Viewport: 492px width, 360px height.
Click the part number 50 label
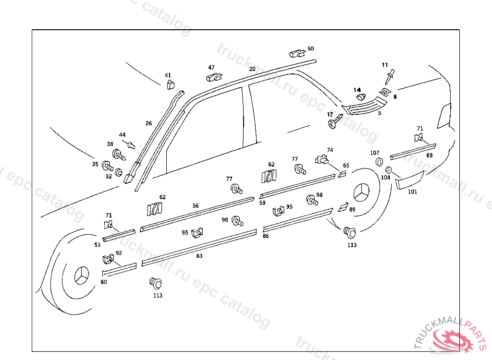click(x=311, y=48)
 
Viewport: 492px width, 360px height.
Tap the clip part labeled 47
click(x=214, y=76)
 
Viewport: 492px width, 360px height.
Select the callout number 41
click(x=168, y=75)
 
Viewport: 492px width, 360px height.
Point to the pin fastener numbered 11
click(x=390, y=76)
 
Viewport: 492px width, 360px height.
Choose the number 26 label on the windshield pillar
click(x=149, y=123)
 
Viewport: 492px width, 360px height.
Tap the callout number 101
click(x=413, y=192)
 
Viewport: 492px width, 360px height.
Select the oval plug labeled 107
click(x=378, y=161)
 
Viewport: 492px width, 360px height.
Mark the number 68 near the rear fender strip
click(x=430, y=155)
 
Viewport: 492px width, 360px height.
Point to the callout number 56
click(x=196, y=205)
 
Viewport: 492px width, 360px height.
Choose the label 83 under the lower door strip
click(x=199, y=256)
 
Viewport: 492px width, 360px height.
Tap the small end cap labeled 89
click(x=343, y=207)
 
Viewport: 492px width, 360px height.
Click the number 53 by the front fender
click(x=98, y=244)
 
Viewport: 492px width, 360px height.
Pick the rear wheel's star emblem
click(x=361, y=194)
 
